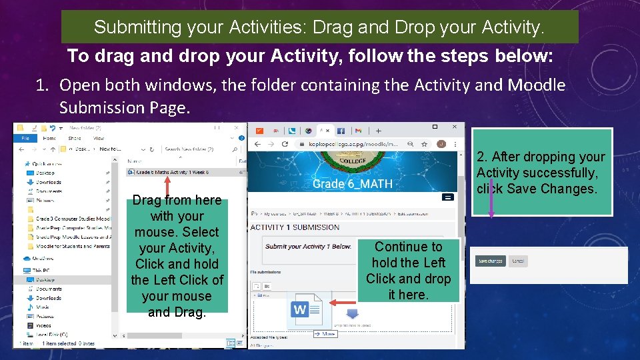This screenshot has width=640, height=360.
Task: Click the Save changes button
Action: pyautogui.click(x=491, y=261)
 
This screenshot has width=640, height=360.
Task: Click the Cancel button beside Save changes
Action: pyautogui.click(x=517, y=261)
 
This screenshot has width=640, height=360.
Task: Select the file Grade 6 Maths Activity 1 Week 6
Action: pyautogui.click(x=172, y=172)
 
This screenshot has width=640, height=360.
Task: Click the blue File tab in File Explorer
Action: pyautogui.click(x=25, y=138)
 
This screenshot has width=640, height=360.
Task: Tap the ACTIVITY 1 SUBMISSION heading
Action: pyautogui.click(x=295, y=227)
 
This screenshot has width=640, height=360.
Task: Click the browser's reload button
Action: pyautogui.click(x=285, y=144)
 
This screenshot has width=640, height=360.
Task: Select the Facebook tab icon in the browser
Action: pyautogui.click(x=341, y=131)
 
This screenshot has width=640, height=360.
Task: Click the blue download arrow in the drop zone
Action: pyautogui.click(x=352, y=312)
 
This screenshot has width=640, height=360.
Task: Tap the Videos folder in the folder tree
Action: pyautogui.click(x=43, y=325)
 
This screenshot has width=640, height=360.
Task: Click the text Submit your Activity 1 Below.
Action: pyautogui.click(x=308, y=247)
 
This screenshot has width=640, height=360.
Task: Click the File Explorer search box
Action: pyautogui.click(x=193, y=149)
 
